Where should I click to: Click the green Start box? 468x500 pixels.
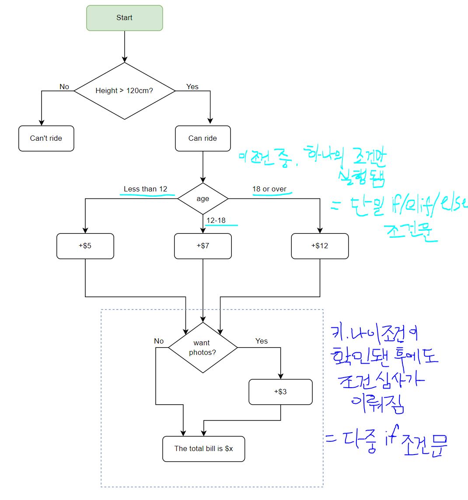point(124,18)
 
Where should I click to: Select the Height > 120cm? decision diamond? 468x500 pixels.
point(124,91)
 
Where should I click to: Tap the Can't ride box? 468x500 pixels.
point(46,139)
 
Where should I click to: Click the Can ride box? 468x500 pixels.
point(203,139)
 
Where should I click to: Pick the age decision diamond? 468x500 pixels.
point(203,199)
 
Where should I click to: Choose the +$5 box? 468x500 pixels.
point(85,246)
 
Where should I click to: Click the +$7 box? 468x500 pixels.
point(203,246)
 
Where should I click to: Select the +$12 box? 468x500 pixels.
point(319,246)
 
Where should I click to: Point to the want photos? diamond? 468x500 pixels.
point(203,347)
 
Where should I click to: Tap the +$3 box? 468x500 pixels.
point(280,392)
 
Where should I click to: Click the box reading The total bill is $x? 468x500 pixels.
point(203,448)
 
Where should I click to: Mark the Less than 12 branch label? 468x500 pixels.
point(145,189)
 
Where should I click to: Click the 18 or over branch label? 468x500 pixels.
point(269,189)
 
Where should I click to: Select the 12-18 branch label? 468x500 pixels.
point(216,220)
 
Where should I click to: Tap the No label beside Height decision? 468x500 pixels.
point(64,87)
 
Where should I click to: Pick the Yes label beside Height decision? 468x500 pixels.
point(192,87)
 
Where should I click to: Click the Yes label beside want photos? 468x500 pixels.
point(262,341)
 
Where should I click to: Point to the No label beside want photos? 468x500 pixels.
point(159,341)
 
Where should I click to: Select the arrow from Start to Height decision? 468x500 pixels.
point(124,46)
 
